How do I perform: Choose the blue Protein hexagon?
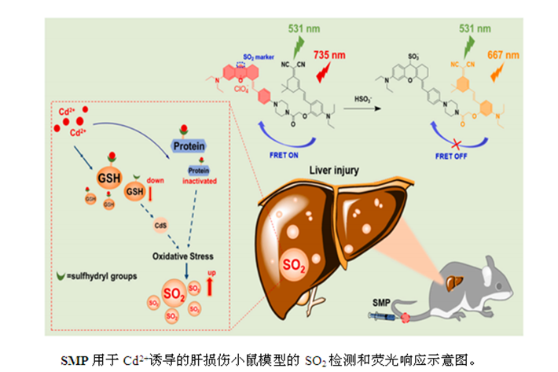(x=188, y=146)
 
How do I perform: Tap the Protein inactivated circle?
(x=200, y=171)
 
